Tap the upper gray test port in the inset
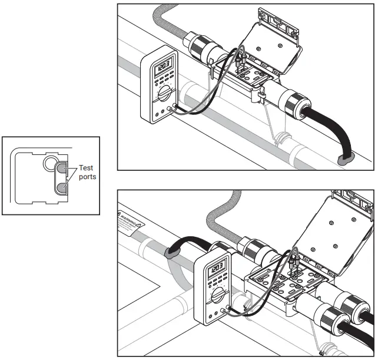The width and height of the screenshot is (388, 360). tap(62, 170)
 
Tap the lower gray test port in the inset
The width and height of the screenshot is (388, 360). tap(62, 187)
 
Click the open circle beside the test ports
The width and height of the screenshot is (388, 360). tap(49, 163)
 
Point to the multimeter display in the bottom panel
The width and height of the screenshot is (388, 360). tap(215, 269)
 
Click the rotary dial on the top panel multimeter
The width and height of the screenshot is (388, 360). tap(165, 93)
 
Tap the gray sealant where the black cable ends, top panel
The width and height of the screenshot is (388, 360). tap(347, 157)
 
